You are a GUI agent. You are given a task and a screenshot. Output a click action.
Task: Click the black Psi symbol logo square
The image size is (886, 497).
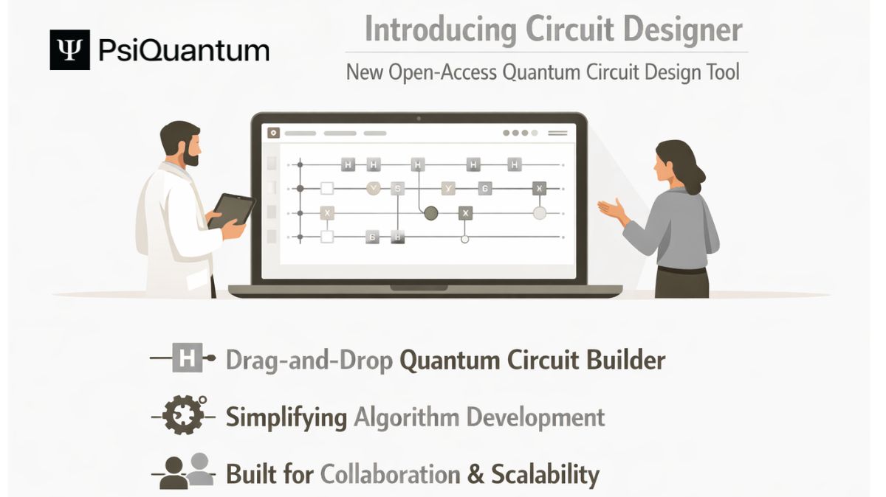coord(69,50)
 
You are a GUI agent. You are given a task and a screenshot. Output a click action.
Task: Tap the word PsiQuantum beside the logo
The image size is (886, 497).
coord(184,51)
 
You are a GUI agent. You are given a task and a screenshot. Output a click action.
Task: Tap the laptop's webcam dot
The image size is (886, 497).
coord(419,118)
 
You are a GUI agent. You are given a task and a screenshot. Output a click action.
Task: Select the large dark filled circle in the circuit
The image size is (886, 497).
coord(430,213)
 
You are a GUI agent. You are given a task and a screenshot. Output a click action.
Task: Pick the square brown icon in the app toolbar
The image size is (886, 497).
coord(274,133)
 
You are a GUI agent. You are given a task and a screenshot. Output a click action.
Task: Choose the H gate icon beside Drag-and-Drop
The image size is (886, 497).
coord(185,360)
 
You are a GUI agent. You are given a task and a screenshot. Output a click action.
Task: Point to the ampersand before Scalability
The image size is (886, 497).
coord(476,473)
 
